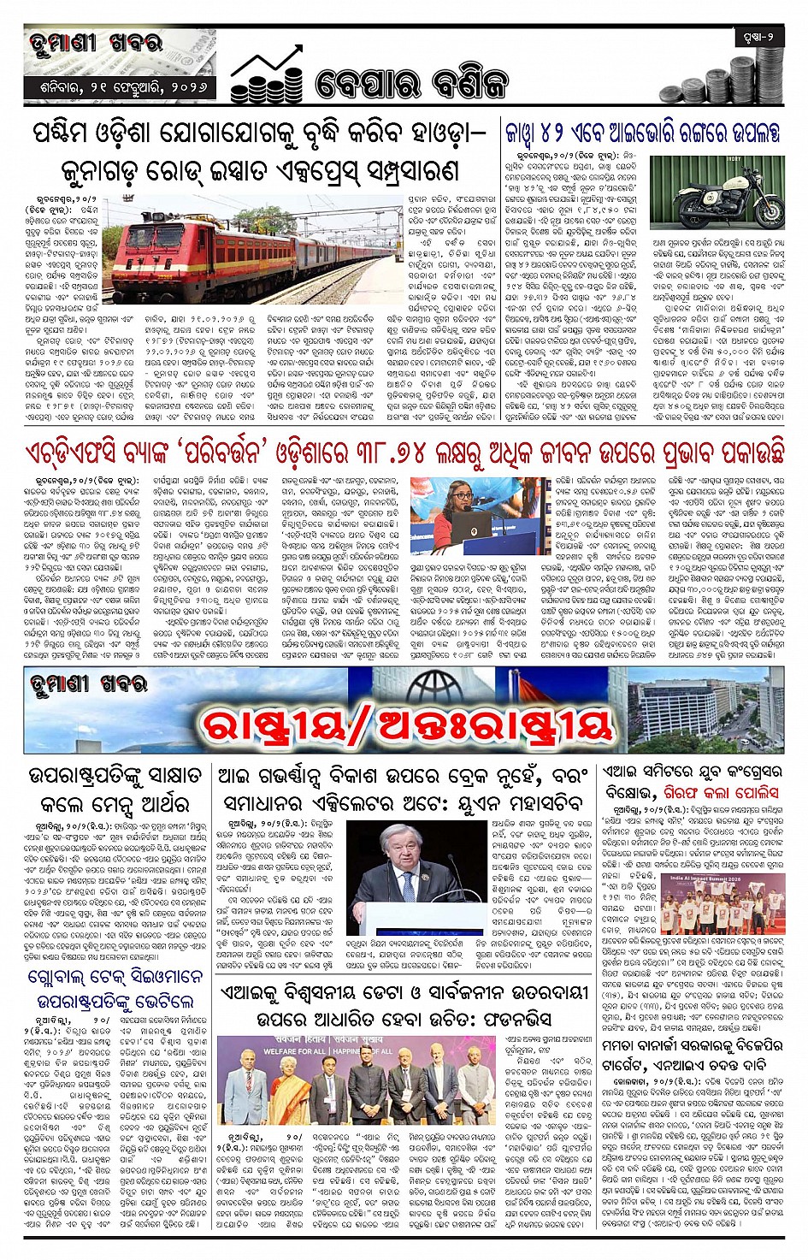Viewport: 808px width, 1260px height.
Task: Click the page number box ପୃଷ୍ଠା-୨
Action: [757, 38]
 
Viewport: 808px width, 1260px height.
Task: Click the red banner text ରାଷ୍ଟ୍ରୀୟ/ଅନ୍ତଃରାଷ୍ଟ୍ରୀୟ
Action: [406, 725]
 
